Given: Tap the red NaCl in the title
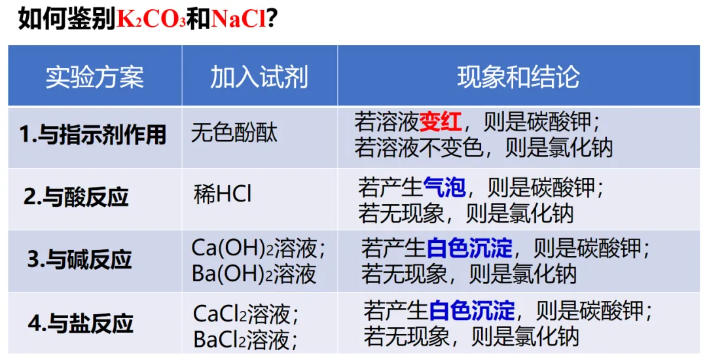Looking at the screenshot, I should [240, 19].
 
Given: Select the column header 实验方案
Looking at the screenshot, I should [94, 77].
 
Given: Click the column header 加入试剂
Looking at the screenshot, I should [259, 77].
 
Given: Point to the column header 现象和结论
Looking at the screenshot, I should [518, 77].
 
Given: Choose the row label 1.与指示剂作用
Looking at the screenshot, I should [93, 135].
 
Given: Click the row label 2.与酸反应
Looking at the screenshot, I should [77, 196].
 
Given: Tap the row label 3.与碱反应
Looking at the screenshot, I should [79, 259].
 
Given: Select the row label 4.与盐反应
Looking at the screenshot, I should [81, 323].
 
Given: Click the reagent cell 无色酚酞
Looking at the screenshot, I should [234, 133].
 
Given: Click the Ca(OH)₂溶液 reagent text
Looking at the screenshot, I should [258, 248].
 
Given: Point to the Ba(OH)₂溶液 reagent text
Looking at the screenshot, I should [254, 273].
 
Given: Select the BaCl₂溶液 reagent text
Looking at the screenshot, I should [246, 339].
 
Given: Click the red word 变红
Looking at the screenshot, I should [441, 122].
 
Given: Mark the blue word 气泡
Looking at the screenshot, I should [444, 188].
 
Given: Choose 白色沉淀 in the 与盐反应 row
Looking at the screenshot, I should [472, 310].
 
